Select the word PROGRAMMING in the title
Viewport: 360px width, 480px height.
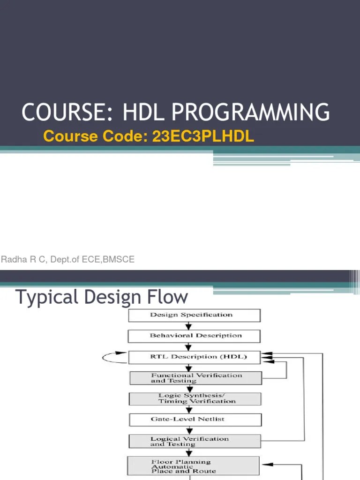[251, 112]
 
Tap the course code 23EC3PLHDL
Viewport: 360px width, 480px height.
[203, 136]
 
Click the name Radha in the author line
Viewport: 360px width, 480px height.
[11, 259]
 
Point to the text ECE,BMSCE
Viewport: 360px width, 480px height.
[112, 259]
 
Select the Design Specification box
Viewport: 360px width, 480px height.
[194, 315]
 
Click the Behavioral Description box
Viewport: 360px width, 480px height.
[194, 336]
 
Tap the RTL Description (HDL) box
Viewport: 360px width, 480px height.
[194, 357]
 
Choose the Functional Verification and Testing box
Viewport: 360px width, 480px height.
[195, 378]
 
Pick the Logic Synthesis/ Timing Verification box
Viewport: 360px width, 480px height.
[195, 398]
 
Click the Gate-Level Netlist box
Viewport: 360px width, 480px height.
[194, 419]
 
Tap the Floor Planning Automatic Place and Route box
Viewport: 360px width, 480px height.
[193, 466]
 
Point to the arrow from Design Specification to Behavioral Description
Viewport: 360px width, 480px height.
[188, 326]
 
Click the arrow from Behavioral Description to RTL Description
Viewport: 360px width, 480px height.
[188, 347]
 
